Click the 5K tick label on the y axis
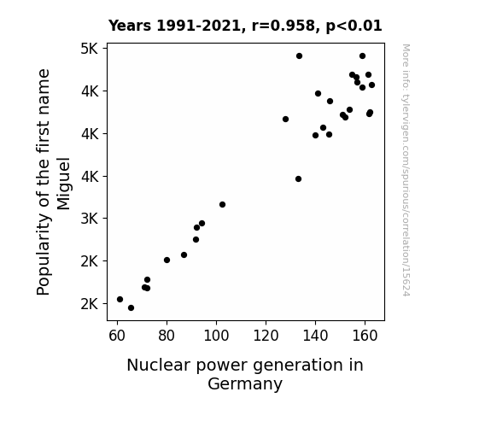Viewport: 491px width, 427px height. [x=90, y=49]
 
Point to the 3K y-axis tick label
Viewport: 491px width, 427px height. [x=90, y=219]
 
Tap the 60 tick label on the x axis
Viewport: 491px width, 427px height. [x=117, y=336]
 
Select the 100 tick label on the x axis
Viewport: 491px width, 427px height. [x=216, y=336]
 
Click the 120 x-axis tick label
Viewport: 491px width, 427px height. [x=266, y=336]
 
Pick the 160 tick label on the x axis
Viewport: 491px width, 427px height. [x=365, y=336]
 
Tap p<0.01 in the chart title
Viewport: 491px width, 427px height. [x=354, y=26]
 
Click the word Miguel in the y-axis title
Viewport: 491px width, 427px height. [x=63, y=184]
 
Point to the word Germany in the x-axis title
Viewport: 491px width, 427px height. [x=245, y=383]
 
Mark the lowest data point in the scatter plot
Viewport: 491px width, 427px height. [x=132, y=308]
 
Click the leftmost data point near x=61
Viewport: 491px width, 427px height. [x=120, y=299]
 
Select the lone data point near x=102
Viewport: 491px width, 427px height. [x=222, y=205]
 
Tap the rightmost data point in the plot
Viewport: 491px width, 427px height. [x=371, y=85]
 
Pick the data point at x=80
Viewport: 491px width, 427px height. [x=167, y=260]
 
